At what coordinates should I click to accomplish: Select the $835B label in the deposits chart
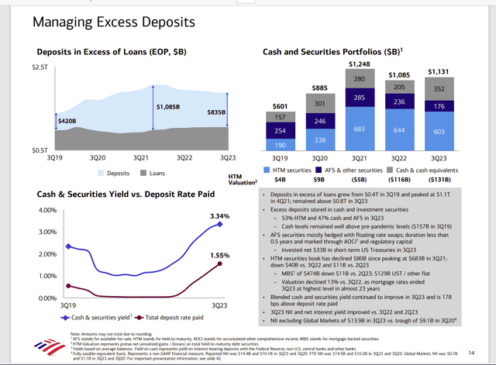coord(215,112)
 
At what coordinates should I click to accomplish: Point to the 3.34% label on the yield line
coord(219,215)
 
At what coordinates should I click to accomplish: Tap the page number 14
coord(471,353)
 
